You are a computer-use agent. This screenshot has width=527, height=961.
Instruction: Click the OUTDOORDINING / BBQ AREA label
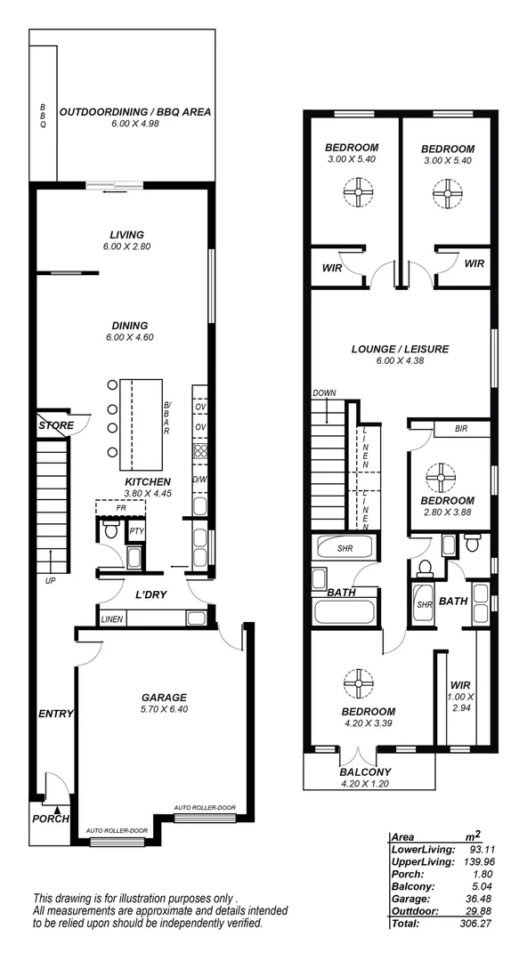[x=135, y=112]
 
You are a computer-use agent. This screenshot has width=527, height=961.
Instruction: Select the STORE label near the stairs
[x=56, y=426]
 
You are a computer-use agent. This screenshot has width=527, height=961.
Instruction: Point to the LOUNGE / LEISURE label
[x=399, y=349]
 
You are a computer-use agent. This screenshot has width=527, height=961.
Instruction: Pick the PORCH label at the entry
[x=50, y=819]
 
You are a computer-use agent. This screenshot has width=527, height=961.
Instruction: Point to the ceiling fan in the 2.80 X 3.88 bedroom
[x=440, y=478]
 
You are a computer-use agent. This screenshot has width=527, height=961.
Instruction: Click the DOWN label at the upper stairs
[x=323, y=393]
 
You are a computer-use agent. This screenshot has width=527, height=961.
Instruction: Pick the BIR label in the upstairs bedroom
[x=460, y=429]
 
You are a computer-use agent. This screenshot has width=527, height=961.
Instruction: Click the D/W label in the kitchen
[x=200, y=480]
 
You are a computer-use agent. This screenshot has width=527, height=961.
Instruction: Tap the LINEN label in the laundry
[x=112, y=618]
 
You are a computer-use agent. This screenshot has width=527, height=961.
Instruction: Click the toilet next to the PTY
[x=111, y=531]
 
